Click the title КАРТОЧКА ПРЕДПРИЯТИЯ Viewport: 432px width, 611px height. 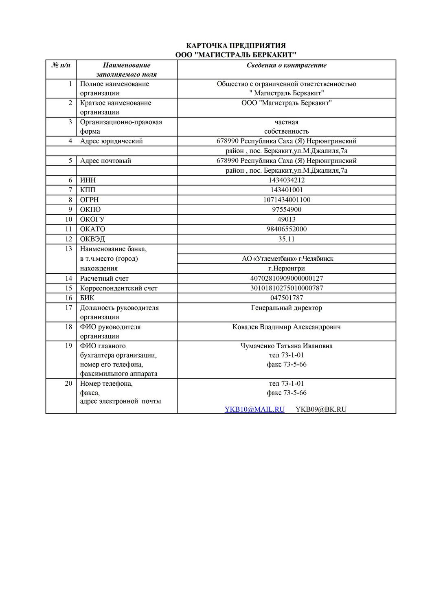(236, 45)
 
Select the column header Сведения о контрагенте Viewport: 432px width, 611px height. (286, 65)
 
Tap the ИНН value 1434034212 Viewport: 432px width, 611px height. (286, 180)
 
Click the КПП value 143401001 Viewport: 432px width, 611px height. (286, 190)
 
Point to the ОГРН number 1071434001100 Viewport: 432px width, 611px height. (286, 200)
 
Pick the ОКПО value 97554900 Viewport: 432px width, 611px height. (286, 209)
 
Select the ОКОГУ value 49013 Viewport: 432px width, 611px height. (286, 219)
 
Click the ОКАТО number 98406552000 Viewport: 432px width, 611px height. (286, 229)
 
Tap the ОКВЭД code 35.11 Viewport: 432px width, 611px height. (286, 239)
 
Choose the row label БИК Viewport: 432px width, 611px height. (87, 298)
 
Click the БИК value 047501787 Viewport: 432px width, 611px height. (286, 298)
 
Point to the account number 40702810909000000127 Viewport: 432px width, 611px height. (286, 278)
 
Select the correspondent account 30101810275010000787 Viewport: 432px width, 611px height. (286, 288)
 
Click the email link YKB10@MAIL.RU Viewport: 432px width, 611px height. (254, 409)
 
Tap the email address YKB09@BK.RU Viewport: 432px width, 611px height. (321, 409)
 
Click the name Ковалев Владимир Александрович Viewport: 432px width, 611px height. (286, 327)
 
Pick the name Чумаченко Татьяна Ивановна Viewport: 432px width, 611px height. (286, 346)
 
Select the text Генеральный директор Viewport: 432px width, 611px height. (286, 308)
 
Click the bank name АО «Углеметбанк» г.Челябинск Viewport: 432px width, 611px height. (287, 259)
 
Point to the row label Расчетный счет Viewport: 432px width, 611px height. (104, 278)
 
